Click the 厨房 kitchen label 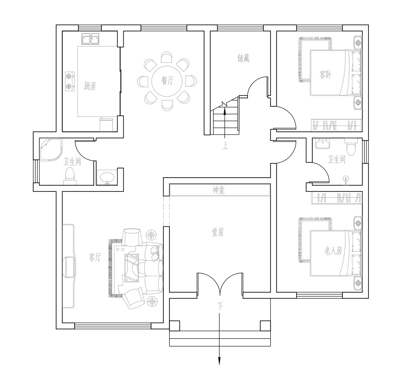[90, 86]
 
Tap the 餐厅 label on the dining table [167, 80]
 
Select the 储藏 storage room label [243, 58]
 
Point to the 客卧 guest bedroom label [325, 75]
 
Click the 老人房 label [333, 251]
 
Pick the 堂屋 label [218, 232]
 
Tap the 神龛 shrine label [219, 191]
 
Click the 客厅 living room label [95, 257]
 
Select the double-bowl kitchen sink [90, 39]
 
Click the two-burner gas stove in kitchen [70, 81]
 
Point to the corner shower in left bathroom [51, 150]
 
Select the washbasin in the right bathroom [322, 143]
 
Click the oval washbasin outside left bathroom [107, 178]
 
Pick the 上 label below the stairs [225, 146]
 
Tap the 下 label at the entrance [220, 307]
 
